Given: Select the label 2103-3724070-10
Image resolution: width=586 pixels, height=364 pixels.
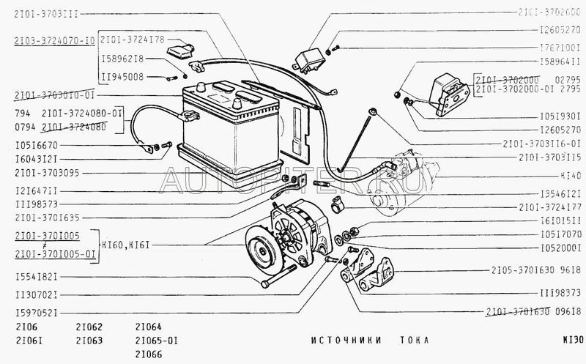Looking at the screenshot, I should tap(53, 42).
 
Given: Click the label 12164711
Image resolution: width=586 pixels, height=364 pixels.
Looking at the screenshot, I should tap(37, 190).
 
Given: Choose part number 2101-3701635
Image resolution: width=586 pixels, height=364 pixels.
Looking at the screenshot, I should tap(47, 218).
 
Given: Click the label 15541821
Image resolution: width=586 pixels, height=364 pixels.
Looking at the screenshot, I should tap(37, 276).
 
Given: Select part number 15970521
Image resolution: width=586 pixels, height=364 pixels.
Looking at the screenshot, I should tap(37, 313).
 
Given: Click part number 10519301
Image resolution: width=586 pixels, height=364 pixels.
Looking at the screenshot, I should tap(560, 115).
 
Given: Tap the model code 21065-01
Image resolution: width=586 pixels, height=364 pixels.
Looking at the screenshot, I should tap(156, 341).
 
